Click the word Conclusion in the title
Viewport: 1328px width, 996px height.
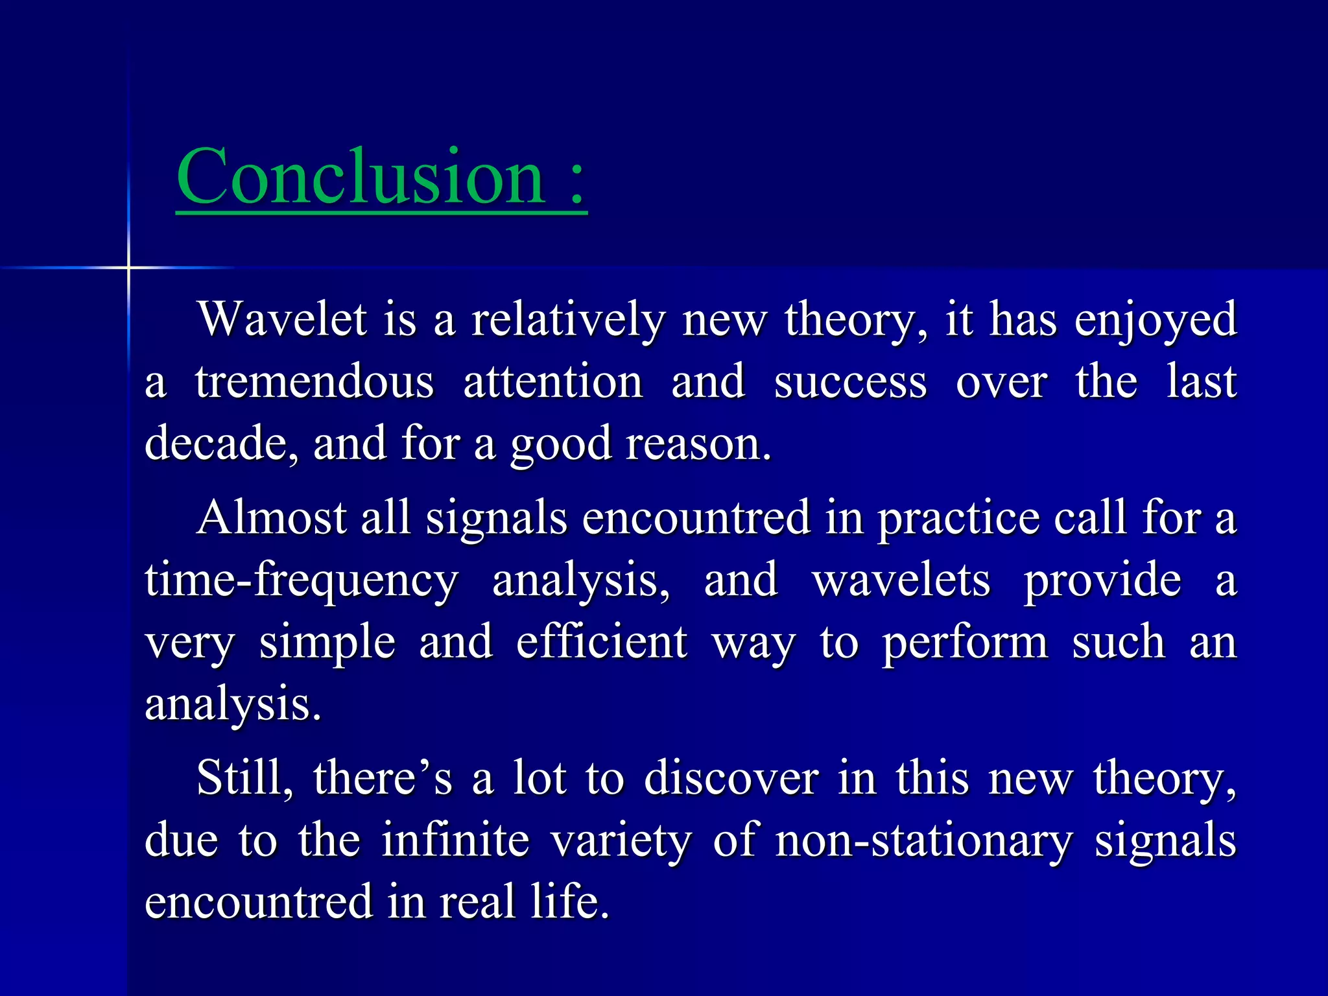point(361,176)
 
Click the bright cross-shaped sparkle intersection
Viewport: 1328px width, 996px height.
point(128,267)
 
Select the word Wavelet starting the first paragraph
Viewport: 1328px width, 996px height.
point(283,319)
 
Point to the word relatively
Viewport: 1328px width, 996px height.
point(568,320)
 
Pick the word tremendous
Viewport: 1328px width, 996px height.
point(314,382)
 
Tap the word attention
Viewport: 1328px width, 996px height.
point(553,382)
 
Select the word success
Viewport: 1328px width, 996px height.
point(851,383)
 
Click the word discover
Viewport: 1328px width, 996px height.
point(731,777)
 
